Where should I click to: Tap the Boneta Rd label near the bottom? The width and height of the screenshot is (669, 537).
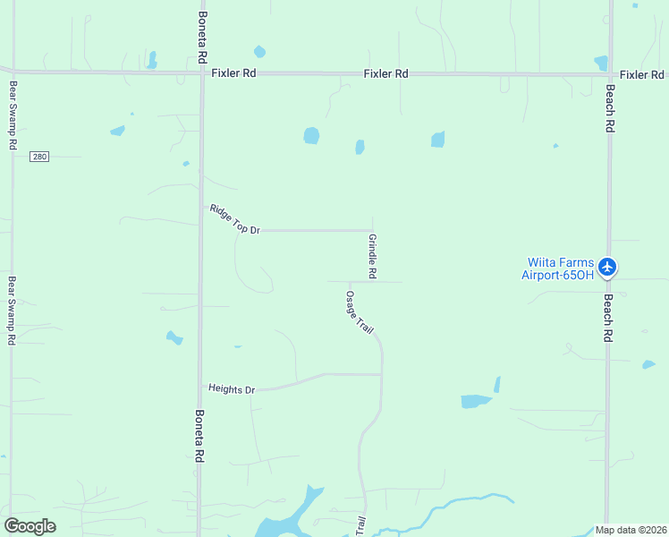(199, 436)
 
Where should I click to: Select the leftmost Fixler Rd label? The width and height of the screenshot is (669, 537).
(234, 73)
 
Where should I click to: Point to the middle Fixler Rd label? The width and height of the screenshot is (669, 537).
(385, 73)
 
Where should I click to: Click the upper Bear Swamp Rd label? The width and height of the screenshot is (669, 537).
(13, 115)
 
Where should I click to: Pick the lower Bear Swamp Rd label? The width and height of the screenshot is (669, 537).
(13, 310)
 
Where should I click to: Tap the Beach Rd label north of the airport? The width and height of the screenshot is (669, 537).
(609, 109)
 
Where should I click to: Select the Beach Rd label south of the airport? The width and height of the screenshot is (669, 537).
(608, 319)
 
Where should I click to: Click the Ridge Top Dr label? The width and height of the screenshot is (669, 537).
(234, 219)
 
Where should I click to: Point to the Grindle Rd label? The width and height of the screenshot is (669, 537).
(372, 256)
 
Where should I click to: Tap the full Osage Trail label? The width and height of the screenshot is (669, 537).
(360, 312)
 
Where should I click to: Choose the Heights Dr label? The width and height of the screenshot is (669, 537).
(232, 389)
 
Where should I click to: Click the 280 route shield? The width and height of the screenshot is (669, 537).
(38, 157)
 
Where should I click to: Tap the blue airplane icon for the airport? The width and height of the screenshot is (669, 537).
(608, 266)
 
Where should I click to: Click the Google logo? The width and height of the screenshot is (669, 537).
(30, 525)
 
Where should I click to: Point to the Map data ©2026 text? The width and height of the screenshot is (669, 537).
(631, 530)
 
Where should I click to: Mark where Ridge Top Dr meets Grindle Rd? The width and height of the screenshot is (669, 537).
(373, 230)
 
